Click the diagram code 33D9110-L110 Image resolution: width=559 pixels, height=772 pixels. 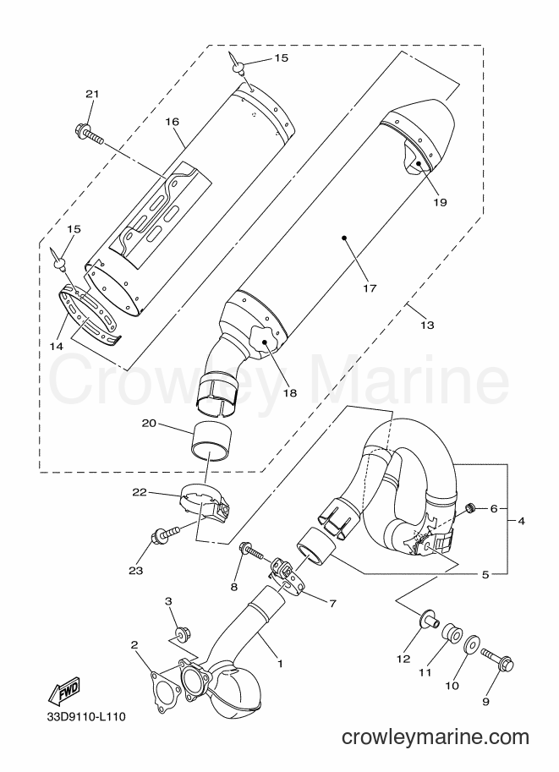point(86,716)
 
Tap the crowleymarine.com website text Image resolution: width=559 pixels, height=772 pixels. point(436,737)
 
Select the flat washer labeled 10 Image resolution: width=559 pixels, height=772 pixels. point(471,643)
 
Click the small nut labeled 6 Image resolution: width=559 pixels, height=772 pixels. point(471,507)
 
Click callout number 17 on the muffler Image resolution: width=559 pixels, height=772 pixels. point(370,288)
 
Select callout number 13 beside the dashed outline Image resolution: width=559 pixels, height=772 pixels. point(428,325)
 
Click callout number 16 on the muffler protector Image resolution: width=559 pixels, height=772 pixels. point(172,122)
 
